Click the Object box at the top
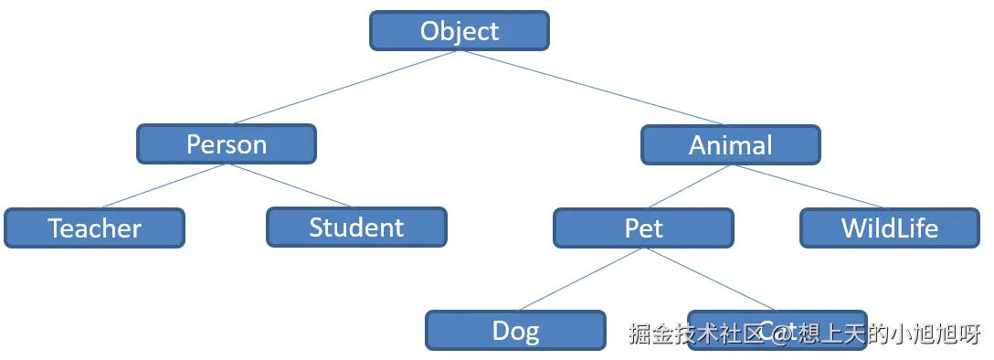[459, 31]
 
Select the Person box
[227, 144]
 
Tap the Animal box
[730, 144]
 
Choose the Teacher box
[94, 228]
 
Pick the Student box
[356, 227]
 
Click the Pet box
[643, 228]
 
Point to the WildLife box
[889, 228]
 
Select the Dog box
[515, 330]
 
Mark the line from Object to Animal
[594, 88]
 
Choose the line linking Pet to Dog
[580, 279]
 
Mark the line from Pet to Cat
[710, 279]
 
